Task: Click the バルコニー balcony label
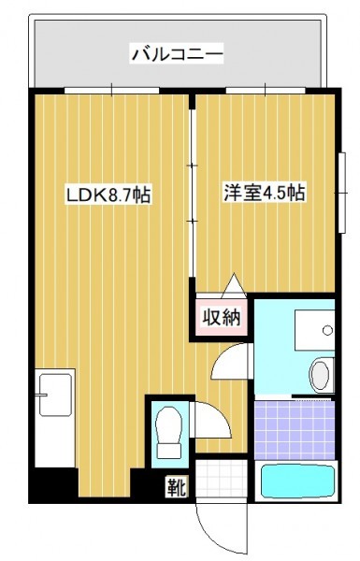pos(178,54)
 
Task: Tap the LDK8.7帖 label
pos(108,194)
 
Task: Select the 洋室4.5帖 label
pos(265,193)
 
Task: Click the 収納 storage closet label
pos(222,316)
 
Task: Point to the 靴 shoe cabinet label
pos(177,486)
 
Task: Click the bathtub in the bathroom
pos(296,482)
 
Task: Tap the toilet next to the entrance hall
pos(169,433)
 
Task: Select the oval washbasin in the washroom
pos(319,376)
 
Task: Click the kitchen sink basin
pos(55,395)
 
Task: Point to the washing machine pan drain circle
pos(327,330)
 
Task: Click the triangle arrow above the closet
pos(234,285)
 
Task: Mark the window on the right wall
pos(342,193)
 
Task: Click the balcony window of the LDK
pos(111,90)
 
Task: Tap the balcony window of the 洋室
pos(266,90)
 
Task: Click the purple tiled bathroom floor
pos(295,430)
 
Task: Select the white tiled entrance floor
pos(222,479)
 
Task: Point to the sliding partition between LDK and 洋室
pos(193,194)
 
